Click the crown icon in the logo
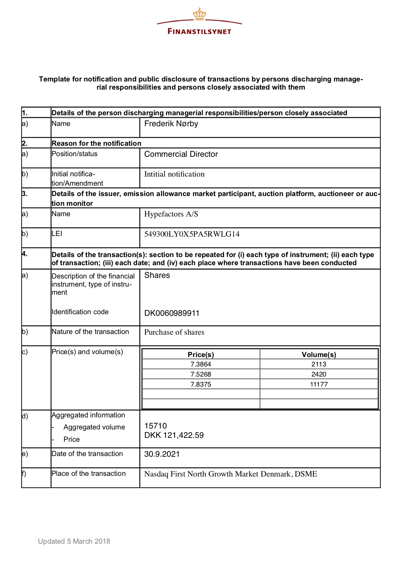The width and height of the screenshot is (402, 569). pos(199,14)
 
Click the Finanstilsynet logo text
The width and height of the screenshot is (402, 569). pos(199,31)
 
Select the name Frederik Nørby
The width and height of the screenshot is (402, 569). pos(171,124)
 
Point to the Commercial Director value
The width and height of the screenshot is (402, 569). pos(181,154)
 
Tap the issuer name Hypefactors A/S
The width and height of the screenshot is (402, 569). pos(171,214)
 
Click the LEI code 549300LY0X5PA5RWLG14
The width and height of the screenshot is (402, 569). pos(192,234)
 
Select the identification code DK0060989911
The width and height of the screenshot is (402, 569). pos(172,313)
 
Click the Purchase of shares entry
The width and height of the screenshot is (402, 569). pos(174,332)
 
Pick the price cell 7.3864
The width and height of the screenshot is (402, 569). pos(201,364)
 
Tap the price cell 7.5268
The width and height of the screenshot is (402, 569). pos(201,374)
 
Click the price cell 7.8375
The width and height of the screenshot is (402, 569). pos(201,384)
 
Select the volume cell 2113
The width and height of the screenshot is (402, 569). pos(319,364)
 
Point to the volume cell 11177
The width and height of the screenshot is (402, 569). pos(319,384)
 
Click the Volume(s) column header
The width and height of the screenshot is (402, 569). pos(319,354)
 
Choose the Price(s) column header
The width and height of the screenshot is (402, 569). pos(201,354)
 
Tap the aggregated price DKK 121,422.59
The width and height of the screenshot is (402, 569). pos(174,435)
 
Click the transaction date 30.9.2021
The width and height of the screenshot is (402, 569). pos(162,454)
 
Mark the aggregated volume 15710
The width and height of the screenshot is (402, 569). pos(155,426)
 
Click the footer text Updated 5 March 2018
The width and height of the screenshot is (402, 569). pos(74,541)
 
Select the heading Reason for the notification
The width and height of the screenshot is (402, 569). pos(96,143)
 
